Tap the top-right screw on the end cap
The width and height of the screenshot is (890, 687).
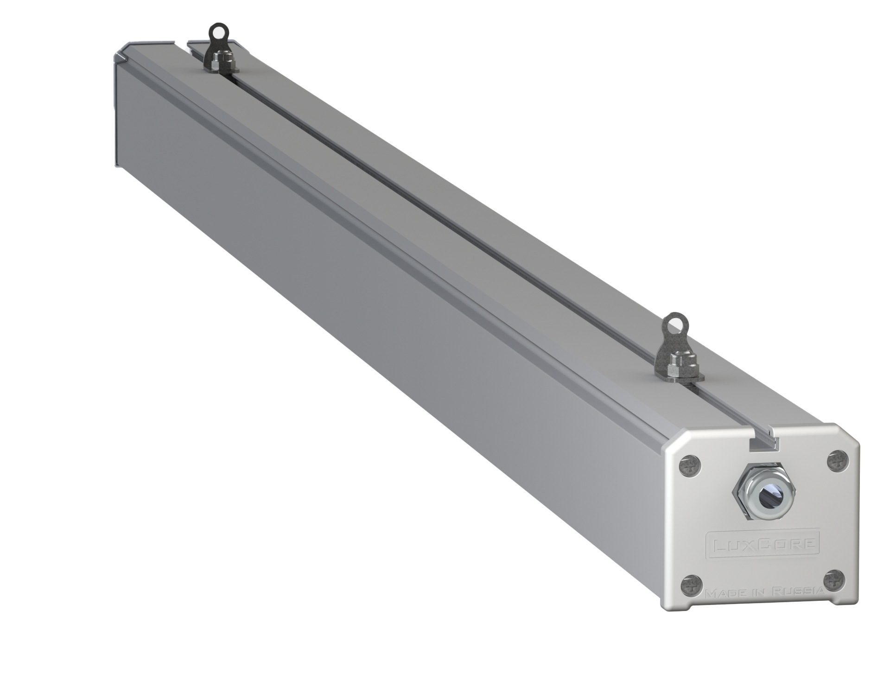click(838, 461)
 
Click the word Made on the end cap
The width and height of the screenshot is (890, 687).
click(722, 594)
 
